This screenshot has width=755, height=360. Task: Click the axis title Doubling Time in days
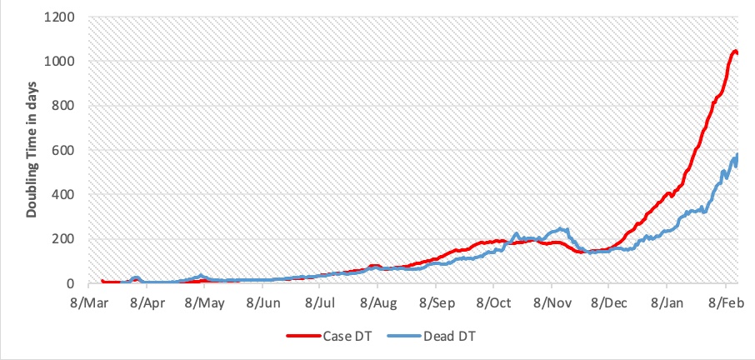[31, 150]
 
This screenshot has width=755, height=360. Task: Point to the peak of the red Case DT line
[734, 52]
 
